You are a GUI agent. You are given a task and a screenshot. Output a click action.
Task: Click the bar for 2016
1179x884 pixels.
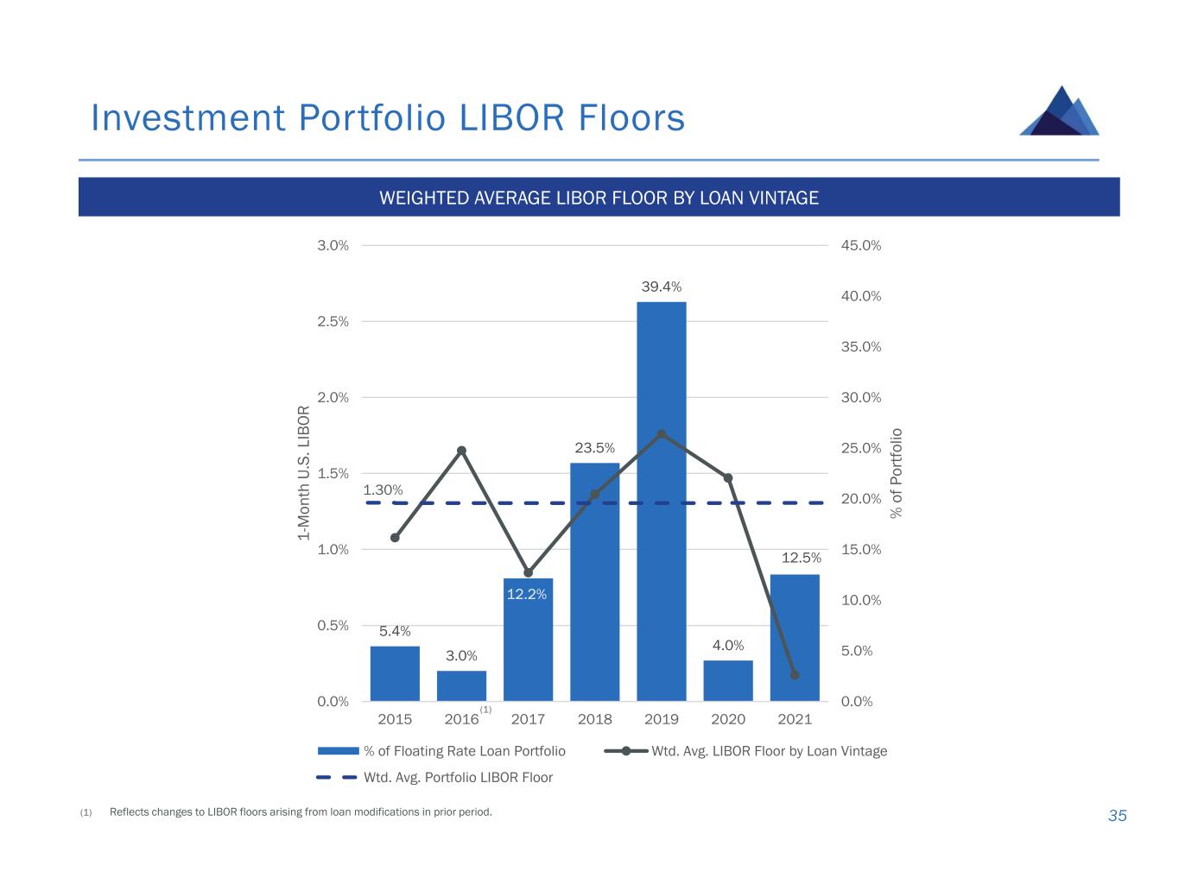click(x=461, y=686)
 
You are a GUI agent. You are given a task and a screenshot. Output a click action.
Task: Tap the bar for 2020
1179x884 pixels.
click(x=728, y=681)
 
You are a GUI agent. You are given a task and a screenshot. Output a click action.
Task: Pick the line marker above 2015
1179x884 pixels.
click(x=395, y=538)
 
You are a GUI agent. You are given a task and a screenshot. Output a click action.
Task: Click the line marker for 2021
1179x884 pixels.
click(x=795, y=675)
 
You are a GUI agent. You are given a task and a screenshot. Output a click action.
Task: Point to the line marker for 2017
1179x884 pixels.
click(x=529, y=572)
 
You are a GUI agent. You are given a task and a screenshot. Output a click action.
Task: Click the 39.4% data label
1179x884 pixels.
click(x=661, y=286)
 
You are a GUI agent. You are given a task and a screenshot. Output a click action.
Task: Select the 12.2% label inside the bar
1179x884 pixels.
click(x=527, y=594)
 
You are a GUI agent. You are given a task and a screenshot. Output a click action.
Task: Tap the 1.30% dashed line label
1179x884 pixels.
click(x=383, y=490)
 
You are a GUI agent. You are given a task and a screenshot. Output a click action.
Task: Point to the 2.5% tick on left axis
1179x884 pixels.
click(x=333, y=321)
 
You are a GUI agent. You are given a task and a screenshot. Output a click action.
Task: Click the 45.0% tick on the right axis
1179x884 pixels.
click(x=860, y=245)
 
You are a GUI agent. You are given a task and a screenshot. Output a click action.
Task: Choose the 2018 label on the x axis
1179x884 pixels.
click(x=594, y=719)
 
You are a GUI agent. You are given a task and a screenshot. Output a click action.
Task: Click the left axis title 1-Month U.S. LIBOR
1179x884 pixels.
click(x=303, y=473)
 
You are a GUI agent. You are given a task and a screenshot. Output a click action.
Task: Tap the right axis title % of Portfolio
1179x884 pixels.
click(x=897, y=473)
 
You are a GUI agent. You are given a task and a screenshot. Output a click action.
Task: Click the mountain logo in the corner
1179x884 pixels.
click(x=1060, y=111)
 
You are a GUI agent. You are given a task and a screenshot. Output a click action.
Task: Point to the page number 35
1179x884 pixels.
click(x=1117, y=816)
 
